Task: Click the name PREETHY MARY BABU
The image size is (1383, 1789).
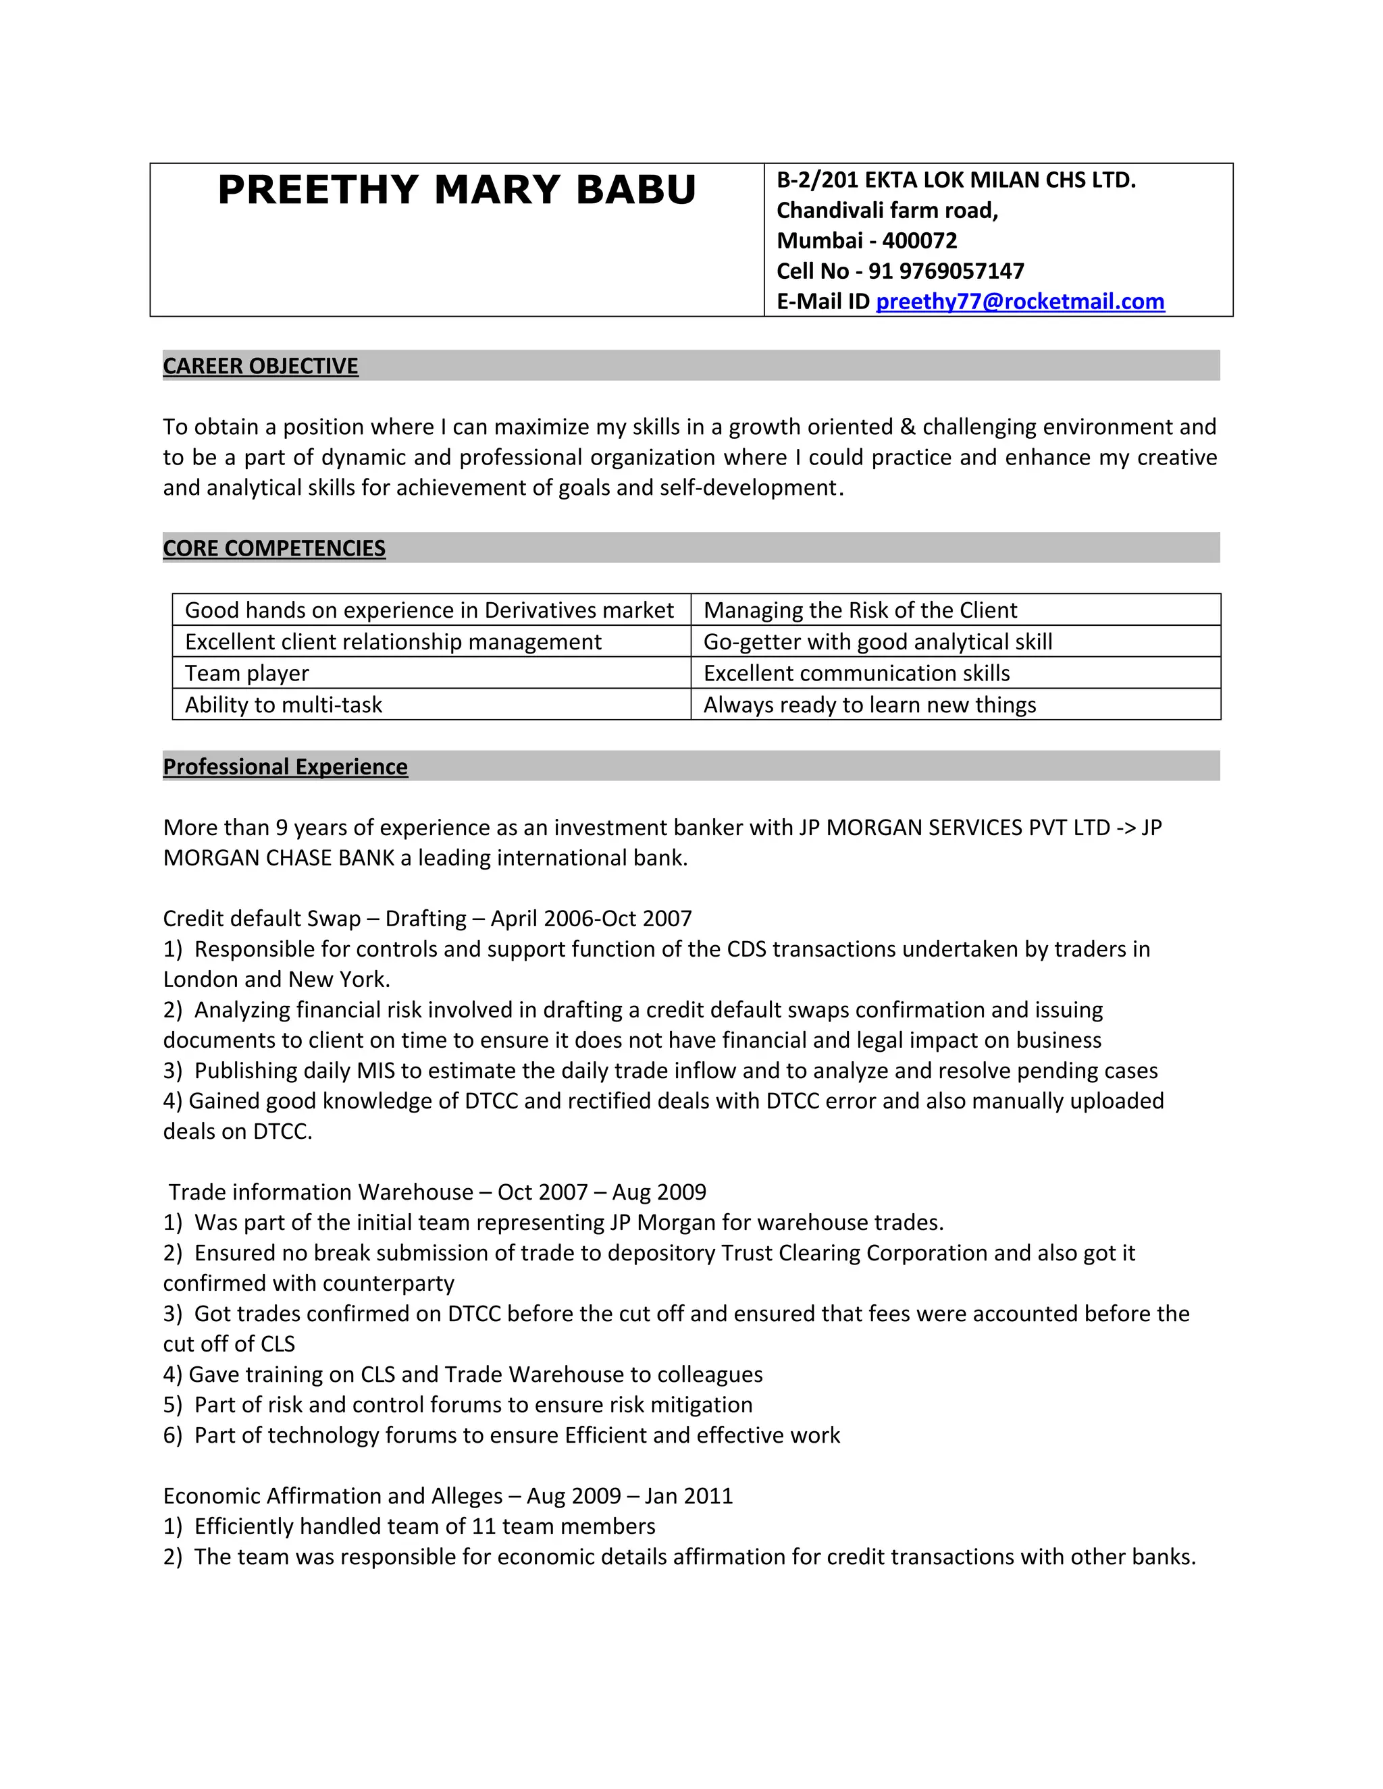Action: (x=456, y=190)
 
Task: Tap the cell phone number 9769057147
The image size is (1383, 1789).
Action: (x=961, y=271)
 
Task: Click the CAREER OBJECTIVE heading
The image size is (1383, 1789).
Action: (x=261, y=366)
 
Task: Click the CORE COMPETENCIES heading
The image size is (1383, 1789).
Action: (x=273, y=548)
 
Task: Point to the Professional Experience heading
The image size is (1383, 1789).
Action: (x=285, y=767)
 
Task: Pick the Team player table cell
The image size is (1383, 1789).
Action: (x=246, y=673)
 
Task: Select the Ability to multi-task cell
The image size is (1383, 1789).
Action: (x=284, y=704)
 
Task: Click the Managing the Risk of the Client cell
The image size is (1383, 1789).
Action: (x=860, y=610)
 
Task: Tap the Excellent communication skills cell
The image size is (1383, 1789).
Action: (x=856, y=673)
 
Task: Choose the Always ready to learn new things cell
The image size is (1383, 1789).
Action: (x=869, y=704)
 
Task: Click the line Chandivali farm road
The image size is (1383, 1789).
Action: (x=887, y=211)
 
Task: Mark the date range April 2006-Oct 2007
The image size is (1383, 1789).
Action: (x=591, y=918)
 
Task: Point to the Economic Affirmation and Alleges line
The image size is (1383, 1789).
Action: (x=447, y=1496)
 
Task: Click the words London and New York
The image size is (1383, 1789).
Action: (x=276, y=980)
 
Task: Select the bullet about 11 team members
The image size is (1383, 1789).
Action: (x=423, y=1526)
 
